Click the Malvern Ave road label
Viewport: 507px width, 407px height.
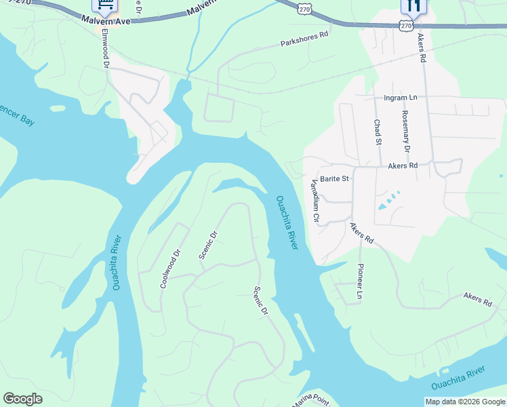point(110,22)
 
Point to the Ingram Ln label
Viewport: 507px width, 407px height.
point(400,98)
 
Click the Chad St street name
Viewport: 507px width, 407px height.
point(378,132)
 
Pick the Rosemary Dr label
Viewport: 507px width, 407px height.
point(406,131)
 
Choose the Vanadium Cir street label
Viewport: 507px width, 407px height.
point(314,201)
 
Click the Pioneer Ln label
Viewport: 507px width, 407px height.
point(360,282)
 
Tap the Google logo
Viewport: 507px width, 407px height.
point(22,399)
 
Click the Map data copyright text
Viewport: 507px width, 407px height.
point(464,402)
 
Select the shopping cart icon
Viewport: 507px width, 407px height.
point(104,6)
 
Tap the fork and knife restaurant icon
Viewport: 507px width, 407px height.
point(413,6)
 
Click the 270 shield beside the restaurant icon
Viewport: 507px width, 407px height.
point(406,25)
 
